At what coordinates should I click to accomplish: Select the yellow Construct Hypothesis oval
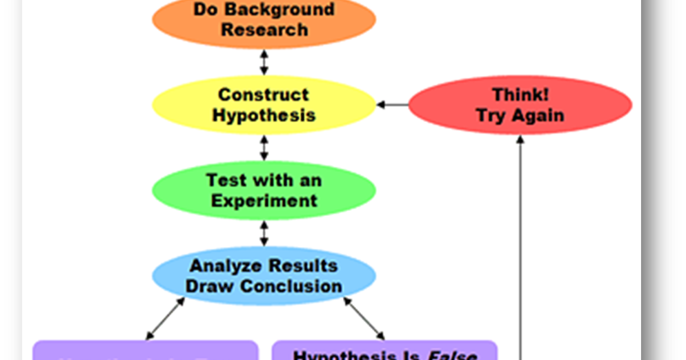tap(264, 105)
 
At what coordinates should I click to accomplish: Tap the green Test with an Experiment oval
tap(264, 190)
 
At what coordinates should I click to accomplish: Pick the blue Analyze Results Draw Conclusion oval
tap(264, 276)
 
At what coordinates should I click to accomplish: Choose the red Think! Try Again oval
tap(520, 105)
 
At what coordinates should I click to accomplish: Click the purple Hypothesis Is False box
tap(384, 352)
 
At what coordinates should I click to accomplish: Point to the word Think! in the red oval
tap(520, 95)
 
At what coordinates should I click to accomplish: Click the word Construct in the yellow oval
tap(264, 95)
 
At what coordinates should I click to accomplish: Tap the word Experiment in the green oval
tap(264, 201)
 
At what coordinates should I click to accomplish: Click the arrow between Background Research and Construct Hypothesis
tap(264, 62)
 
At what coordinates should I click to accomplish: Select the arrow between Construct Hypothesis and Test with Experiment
tap(264, 148)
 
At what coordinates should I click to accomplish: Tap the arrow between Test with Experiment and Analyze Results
tap(264, 233)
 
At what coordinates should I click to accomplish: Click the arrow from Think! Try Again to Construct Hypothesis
tap(392, 105)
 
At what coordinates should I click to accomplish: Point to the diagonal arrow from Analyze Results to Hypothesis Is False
tap(364, 319)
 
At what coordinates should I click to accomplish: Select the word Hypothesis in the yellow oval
tap(264, 115)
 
